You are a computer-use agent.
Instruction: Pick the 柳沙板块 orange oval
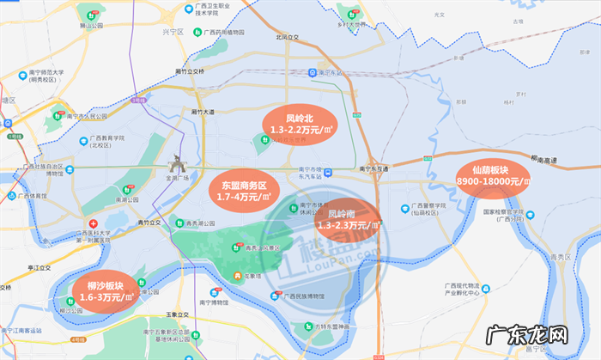pos(106,290)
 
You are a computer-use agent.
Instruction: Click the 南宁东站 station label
pos(331,73)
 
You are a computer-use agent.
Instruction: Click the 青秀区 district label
pos(561,255)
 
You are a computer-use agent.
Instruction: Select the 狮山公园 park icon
pos(91,15)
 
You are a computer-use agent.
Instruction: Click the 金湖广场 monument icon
pos(178,163)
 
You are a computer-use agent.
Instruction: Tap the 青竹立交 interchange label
pos(151,221)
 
